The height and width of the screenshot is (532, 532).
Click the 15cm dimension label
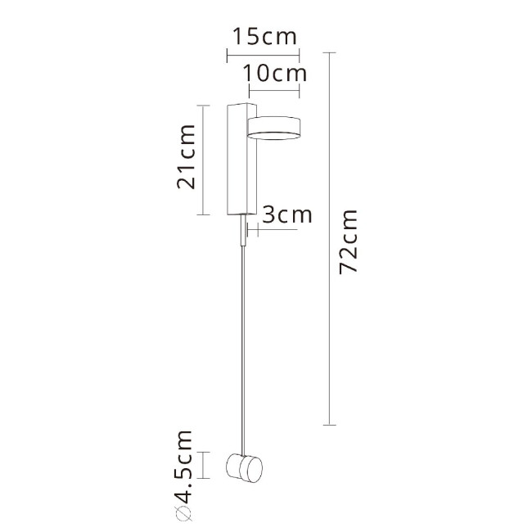pyautogui.click(x=262, y=37)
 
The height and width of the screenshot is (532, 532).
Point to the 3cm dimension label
pyautogui.click(x=288, y=214)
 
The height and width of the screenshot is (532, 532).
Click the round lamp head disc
pyautogui.click(x=276, y=127)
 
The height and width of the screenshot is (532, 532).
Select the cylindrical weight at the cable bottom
pyautogui.click(x=243, y=467)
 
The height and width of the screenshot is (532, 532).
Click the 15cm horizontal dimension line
pyautogui.click(x=262, y=55)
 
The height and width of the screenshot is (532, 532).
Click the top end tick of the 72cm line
pyautogui.click(x=329, y=52)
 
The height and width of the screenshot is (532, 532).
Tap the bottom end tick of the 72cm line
pyautogui.click(x=329, y=425)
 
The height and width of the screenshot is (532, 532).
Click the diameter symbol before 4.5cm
pyautogui.click(x=184, y=513)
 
